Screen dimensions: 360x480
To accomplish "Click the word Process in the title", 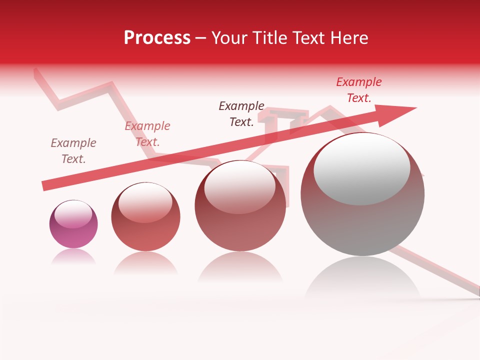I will point(157,38).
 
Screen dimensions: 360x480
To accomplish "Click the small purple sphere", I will point(73,224).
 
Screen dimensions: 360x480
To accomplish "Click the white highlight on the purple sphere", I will point(73,214).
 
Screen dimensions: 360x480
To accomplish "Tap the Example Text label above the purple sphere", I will point(73,151).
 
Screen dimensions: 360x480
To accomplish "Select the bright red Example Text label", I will point(359,90).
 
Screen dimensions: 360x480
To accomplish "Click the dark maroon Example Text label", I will point(241,114).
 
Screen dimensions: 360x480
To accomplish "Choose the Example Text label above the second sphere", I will point(147,134).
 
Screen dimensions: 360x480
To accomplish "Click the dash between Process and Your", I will point(201,38).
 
